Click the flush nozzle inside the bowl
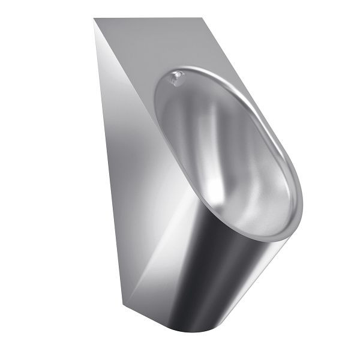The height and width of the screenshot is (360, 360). pos(176,78)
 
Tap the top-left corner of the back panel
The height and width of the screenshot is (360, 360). pos(94,19)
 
